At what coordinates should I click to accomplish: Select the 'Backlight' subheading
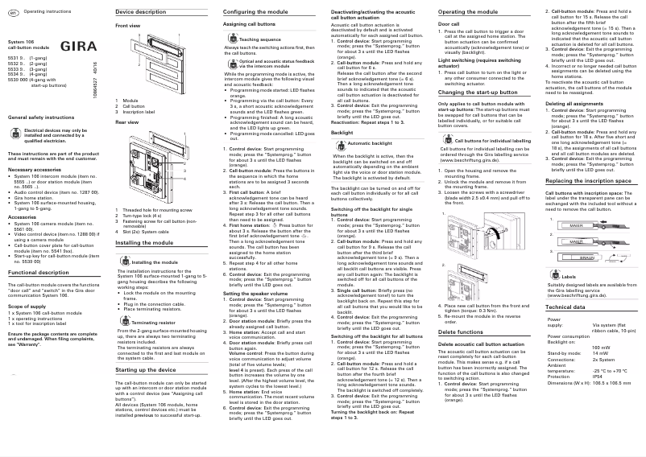342,130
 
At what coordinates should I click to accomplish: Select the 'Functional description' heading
39,273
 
